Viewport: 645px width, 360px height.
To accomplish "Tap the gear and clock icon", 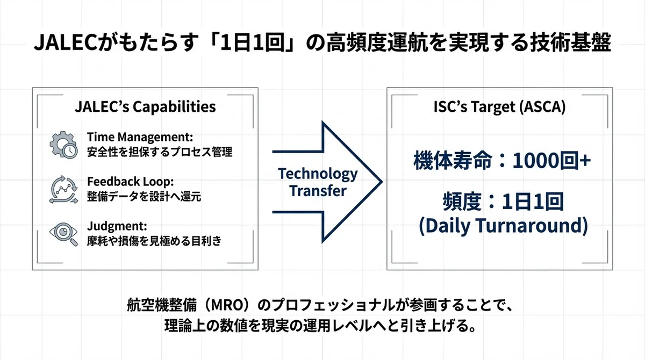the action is pos(63,145).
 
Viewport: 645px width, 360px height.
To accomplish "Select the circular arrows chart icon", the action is pos(63,190).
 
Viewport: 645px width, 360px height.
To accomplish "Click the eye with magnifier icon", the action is pos(63,234).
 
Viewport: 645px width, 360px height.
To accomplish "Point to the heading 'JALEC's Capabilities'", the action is pos(145,107).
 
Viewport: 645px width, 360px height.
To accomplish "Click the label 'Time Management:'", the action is pos(140,137).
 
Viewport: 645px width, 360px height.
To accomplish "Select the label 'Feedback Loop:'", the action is pos(131,182).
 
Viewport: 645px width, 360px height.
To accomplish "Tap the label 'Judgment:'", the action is pos(117,226).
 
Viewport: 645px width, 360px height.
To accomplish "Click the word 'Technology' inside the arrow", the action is pos(318,175).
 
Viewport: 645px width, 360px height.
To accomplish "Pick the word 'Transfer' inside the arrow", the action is pos(318,191).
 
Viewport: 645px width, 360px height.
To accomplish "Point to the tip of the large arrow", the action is pos(382,182).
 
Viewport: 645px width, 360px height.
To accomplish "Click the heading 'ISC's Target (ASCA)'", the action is pos(499,107).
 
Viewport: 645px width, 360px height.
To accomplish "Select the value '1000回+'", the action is pos(551,161).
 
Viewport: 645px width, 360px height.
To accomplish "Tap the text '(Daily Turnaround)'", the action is pos(503,226).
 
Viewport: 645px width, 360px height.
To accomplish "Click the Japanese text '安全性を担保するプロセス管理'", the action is pos(160,152).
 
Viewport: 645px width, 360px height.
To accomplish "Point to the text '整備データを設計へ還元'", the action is pos(144,197).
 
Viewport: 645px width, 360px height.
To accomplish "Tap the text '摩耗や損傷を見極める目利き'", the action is pos(154,241).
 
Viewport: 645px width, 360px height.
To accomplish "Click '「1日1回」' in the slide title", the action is pos(252,42).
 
